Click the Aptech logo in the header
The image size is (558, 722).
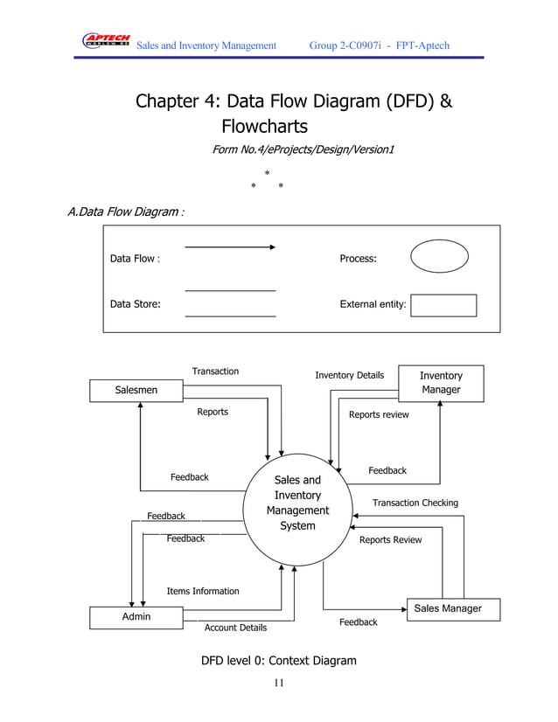coord(106,42)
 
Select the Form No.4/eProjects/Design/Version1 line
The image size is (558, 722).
coord(303,150)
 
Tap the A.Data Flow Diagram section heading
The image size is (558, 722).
coord(125,212)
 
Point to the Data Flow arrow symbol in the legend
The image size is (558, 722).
coord(230,247)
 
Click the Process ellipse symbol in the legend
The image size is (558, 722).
coord(439,259)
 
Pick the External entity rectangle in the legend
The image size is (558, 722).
coord(443,305)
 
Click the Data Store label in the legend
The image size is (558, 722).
coord(135,305)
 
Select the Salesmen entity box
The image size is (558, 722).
coord(136,390)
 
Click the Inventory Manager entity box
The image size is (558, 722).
coord(441,383)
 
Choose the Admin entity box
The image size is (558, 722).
coord(136,617)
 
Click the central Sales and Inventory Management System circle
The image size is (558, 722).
coord(297,503)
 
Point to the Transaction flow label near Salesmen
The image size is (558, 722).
coord(215,371)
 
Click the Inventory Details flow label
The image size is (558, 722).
coord(349,376)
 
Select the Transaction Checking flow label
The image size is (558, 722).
coord(415,503)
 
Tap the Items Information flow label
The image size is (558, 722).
coord(203,592)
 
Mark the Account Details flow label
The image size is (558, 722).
coord(235,628)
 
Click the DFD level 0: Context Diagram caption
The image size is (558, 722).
coord(279,661)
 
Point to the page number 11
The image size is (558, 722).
coord(278,683)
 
